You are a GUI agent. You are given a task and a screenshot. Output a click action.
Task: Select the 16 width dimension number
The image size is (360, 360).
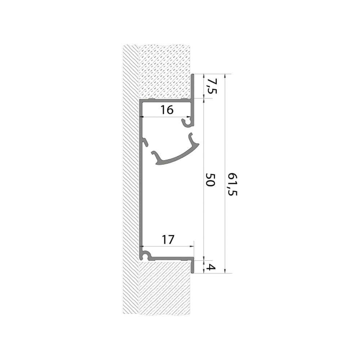click(167, 110)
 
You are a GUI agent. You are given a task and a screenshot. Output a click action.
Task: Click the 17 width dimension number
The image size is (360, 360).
click(168, 239)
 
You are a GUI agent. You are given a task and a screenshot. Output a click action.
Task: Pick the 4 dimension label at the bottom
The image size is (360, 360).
click(212, 267)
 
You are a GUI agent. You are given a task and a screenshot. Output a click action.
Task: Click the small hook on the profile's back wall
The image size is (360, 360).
click(145, 142)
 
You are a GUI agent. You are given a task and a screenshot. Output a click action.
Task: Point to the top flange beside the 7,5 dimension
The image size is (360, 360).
click(193, 86)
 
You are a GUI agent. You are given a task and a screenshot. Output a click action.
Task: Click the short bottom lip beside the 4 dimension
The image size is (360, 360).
click(193, 266)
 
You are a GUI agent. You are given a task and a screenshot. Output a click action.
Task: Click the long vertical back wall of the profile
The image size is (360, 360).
click(141, 191)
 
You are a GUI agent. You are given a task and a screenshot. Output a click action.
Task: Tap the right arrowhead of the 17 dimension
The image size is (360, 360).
click(192, 246)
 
